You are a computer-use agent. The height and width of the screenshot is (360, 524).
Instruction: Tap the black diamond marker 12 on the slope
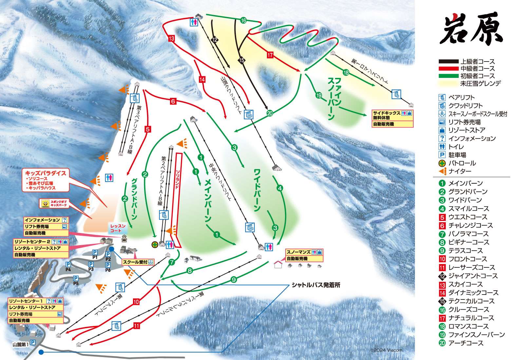pos(215,40)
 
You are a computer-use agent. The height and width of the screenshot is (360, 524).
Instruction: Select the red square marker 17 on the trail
pos(270,55)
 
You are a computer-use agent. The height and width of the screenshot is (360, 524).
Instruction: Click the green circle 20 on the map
pos(270,114)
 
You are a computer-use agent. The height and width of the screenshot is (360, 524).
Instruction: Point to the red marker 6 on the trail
pos(173,101)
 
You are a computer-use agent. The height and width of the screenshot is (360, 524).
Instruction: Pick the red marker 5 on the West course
pos(147,129)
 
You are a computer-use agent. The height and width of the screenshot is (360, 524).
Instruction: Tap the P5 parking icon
pos(76,278)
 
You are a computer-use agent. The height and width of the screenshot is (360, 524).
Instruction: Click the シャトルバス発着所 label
pos(316,285)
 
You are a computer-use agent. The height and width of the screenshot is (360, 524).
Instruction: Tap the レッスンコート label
pos(118,228)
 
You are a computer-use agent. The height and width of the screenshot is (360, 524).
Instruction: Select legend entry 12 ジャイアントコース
pos(469,276)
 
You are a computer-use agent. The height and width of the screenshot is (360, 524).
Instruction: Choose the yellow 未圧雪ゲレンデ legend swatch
pos(448,83)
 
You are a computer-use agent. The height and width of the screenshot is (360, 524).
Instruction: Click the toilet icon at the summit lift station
pos(194,22)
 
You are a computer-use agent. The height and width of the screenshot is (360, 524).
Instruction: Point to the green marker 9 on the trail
pos(234,279)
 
